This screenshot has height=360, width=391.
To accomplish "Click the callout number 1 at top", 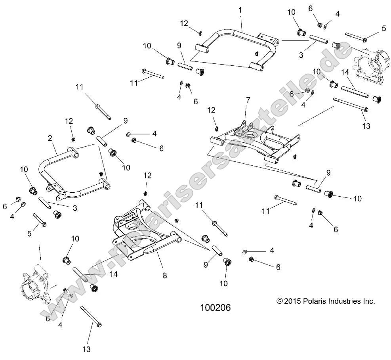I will [240, 9].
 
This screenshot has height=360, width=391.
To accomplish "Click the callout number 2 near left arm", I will [50, 138].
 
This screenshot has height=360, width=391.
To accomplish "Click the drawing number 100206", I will [216, 307].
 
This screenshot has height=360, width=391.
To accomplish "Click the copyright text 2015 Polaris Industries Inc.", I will [326, 301].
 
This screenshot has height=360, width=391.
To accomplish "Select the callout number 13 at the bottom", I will [87, 349].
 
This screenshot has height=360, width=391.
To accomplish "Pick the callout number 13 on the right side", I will [366, 126].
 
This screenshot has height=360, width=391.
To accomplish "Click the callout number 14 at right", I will [344, 73].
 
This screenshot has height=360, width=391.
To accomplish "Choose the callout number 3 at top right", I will [301, 55].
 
